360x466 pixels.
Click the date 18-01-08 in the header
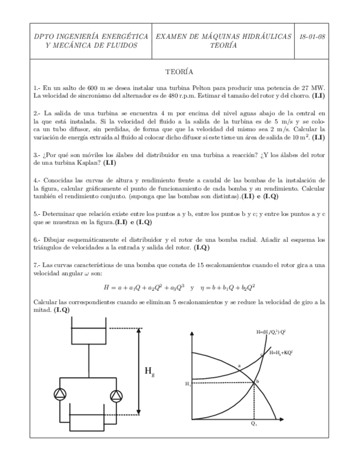pos(311,36)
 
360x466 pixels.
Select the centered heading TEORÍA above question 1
pos(179,72)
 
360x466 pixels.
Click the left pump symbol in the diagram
pos(59,395)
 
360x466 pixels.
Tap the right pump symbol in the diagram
pos(116,395)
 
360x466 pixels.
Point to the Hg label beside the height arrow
pos(149,371)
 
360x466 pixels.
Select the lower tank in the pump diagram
pos(88,423)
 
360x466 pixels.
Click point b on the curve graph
pos(257,381)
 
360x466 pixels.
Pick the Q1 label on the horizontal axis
pos(253,424)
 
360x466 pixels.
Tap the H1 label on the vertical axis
pos(188,384)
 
